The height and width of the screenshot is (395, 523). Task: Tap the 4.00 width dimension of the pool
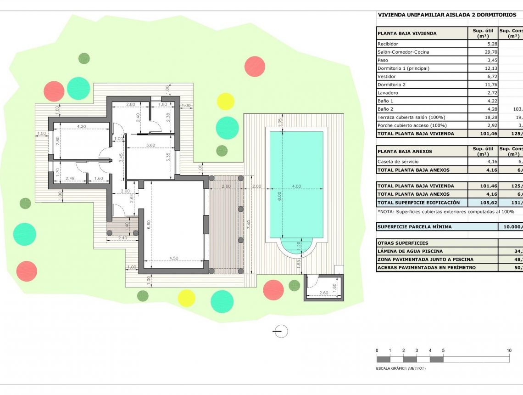(296, 186)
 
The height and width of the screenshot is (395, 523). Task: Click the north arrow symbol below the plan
(280, 331)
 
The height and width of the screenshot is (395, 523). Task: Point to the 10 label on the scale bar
(509, 350)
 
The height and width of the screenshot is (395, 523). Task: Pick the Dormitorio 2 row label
(391, 85)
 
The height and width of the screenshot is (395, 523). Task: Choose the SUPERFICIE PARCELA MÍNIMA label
(414, 226)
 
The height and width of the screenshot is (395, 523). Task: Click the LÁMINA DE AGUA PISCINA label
(410, 251)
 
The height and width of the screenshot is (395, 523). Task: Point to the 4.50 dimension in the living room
(173, 258)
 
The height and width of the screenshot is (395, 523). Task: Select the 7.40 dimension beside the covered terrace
(248, 225)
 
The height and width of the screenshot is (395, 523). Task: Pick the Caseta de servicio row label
(397, 162)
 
